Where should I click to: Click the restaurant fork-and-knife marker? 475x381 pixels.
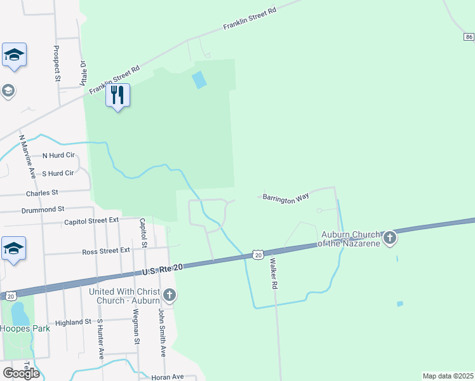click(117, 95)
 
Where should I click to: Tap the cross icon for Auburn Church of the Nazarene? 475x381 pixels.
click(390, 238)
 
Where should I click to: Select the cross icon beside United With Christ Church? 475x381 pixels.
click(169, 295)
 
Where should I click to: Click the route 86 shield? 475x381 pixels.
click(469, 37)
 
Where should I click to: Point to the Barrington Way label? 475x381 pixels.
click(286, 199)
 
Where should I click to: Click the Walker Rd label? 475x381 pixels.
click(274, 274)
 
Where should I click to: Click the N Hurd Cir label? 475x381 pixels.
click(58, 155)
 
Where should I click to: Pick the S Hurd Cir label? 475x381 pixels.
click(58, 173)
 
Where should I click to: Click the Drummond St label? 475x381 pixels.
click(43, 208)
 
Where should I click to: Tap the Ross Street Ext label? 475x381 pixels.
click(106, 251)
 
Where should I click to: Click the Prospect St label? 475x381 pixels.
click(57, 64)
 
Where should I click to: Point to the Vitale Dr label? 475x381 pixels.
click(83, 74)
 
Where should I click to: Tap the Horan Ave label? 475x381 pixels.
click(168, 377)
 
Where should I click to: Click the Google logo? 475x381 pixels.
click(21, 373)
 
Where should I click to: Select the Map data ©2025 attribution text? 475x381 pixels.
click(448, 376)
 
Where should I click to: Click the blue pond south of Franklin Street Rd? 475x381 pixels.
click(199, 80)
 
